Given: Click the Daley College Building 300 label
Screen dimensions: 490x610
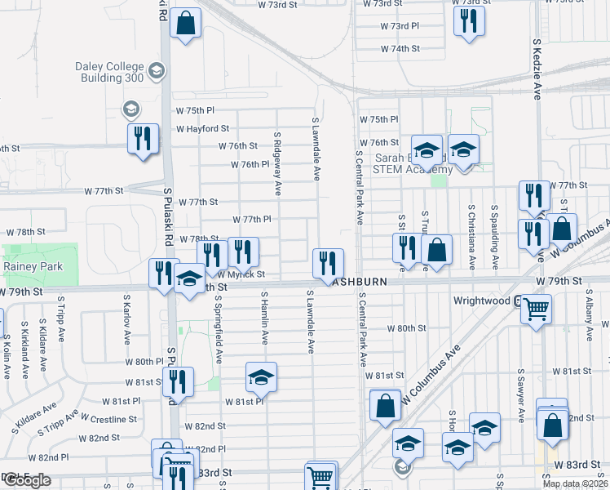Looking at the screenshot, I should coord(112,73).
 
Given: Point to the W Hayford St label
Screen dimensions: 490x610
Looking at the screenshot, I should coord(202,129).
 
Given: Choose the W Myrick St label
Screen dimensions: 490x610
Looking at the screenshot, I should coord(241,275).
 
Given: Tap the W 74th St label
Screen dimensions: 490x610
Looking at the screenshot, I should coord(400,49).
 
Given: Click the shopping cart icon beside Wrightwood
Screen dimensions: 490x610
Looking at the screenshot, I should coord(536,309).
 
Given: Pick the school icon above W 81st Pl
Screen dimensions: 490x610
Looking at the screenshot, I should coord(261,376).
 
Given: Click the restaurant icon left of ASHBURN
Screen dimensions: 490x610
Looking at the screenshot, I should coord(328,261).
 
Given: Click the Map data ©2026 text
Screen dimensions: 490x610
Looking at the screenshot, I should coord(575,483).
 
